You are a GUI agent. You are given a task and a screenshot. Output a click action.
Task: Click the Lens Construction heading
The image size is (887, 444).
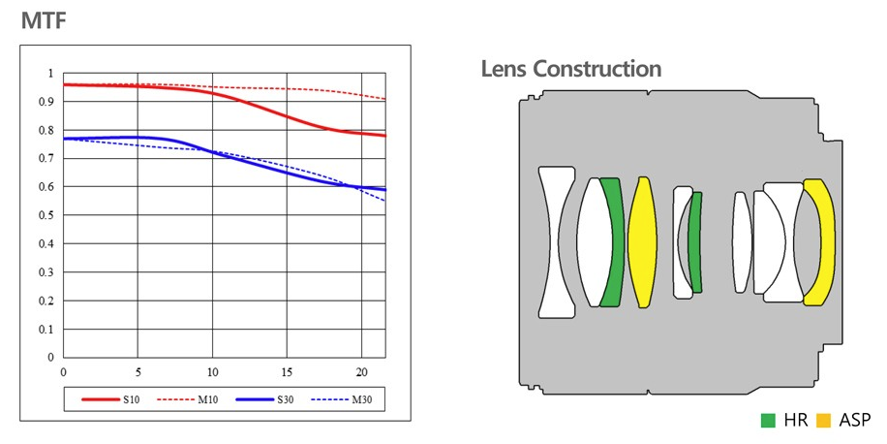(571, 69)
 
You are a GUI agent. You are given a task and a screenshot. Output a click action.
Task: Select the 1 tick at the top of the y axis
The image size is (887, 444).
(52, 74)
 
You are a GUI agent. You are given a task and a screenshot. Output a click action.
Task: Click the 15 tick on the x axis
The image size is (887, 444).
(287, 372)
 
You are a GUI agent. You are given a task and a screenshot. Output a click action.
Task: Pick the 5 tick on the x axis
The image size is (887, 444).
(138, 372)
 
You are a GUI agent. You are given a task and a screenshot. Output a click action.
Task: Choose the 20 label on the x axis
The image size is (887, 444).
(361, 372)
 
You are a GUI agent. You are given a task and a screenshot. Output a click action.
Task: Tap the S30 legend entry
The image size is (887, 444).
(282, 398)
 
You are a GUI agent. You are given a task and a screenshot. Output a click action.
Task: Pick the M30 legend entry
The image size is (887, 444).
(359, 398)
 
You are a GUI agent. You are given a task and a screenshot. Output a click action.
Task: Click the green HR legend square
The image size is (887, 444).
(768, 421)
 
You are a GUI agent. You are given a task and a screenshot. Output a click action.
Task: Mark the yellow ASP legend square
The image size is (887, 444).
(824, 421)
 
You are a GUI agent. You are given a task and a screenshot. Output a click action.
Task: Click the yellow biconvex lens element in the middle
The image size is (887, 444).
(642, 242)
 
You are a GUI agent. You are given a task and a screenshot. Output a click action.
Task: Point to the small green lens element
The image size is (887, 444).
(696, 242)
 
